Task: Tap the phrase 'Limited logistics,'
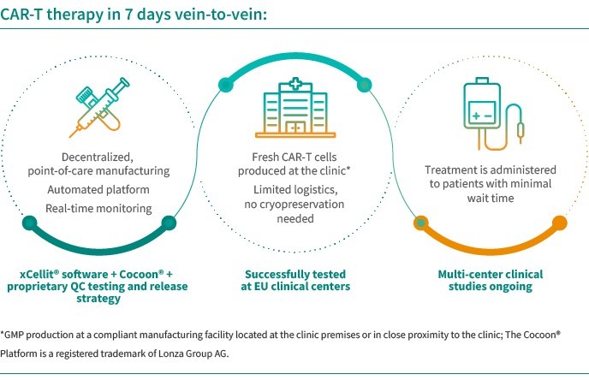(294, 188)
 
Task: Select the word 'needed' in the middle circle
(294, 219)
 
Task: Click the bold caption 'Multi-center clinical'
(490, 272)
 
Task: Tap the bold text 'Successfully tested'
(294, 272)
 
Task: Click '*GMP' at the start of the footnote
(15, 333)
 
